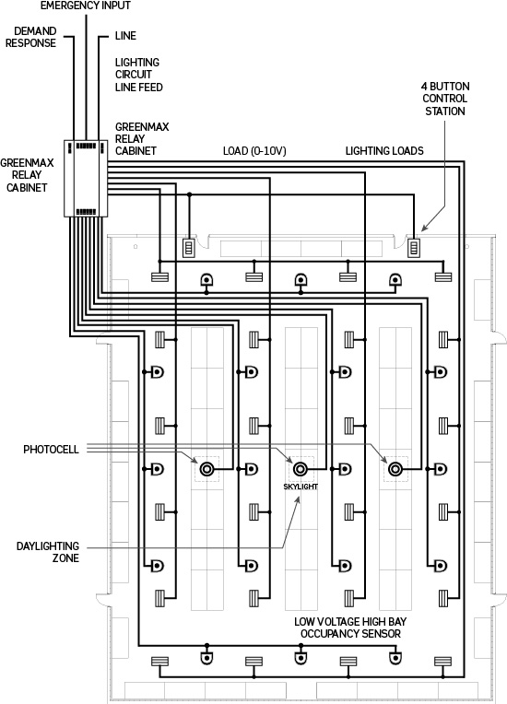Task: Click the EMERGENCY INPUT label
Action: point(86,6)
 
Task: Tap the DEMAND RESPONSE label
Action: point(31,37)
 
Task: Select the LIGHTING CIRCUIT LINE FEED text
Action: point(139,75)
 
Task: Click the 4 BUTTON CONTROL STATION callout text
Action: point(445,99)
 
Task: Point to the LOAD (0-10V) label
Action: point(254,151)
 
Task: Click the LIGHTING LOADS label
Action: point(384,151)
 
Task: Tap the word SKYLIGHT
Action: point(301,487)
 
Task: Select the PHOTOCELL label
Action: point(52,450)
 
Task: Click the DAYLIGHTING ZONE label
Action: point(48,552)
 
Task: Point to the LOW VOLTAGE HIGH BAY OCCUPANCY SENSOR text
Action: point(350,628)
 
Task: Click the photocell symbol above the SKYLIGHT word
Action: point(301,469)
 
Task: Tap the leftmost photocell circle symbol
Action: point(206,469)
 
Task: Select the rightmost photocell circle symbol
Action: point(395,469)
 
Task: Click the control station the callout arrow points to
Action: point(414,248)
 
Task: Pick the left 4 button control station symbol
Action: point(189,248)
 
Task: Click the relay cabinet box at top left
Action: point(86,178)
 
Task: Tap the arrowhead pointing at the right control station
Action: point(424,229)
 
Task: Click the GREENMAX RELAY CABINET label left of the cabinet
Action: point(27,175)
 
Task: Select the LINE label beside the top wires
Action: point(125,36)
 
